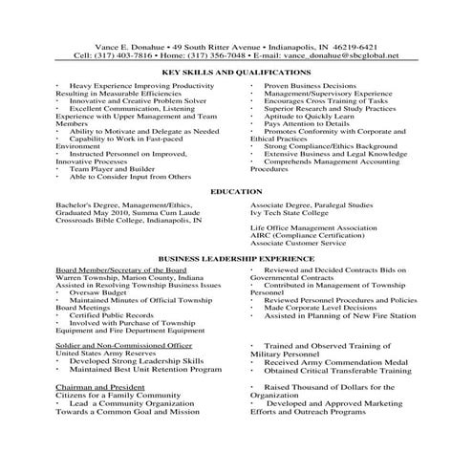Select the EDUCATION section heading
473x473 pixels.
[x=236, y=191]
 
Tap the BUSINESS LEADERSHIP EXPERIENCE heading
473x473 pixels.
[x=236, y=258]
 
